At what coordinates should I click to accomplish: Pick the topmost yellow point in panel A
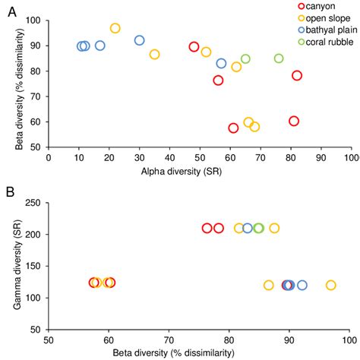click(115, 28)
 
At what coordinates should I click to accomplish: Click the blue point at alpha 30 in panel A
click(139, 40)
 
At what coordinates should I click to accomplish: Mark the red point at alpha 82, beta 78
click(297, 75)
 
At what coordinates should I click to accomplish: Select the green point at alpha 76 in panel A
click(279, 58)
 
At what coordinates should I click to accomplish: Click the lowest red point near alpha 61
click(233, 128)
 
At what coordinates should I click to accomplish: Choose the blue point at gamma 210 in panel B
click(248, 228)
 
